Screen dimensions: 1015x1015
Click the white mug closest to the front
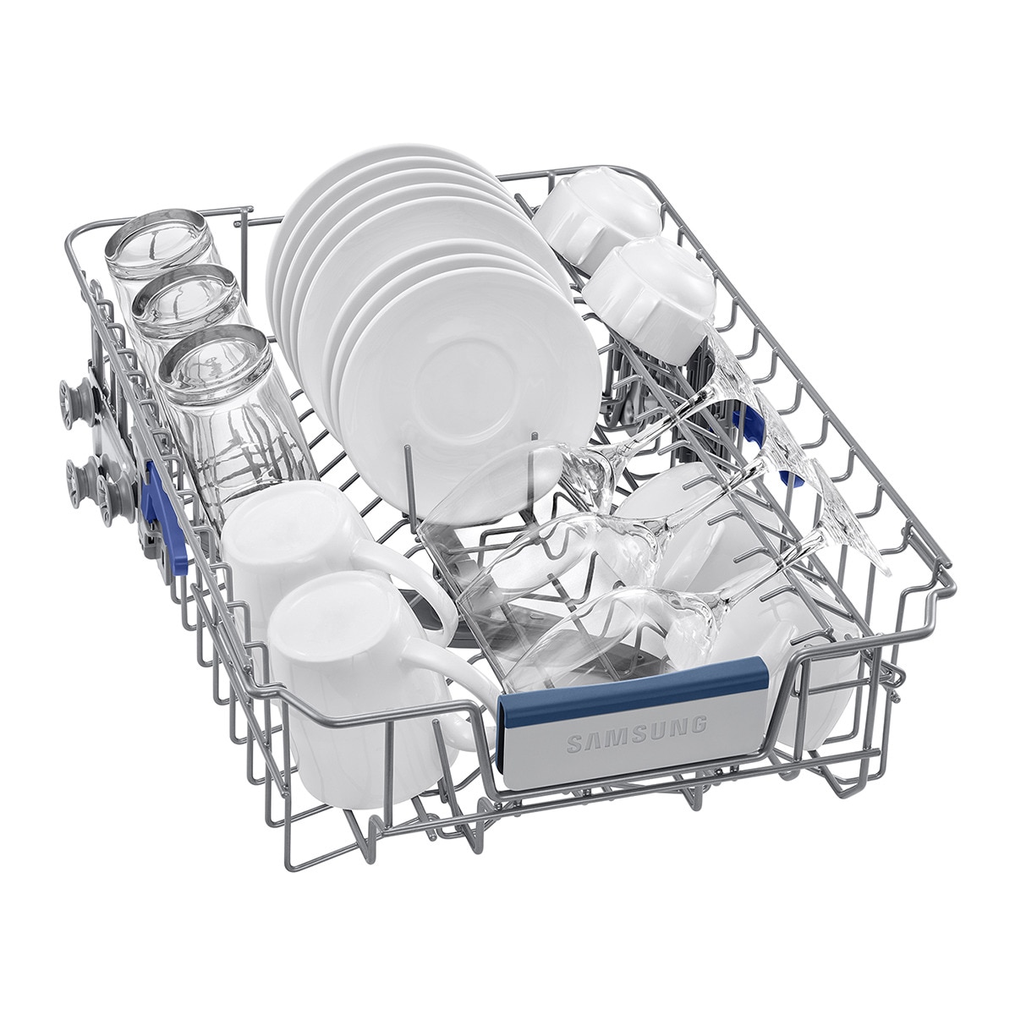coord(364,685)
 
